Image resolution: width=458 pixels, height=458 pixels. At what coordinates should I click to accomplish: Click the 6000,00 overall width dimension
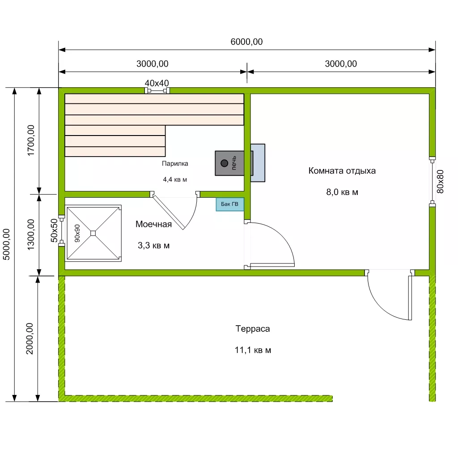click(246, 42)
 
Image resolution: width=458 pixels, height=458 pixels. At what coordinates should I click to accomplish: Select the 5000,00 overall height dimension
click(6, 244)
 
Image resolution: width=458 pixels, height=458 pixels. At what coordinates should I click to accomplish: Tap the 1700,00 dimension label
click(31, 140)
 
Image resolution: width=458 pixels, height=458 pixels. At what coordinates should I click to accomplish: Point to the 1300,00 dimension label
click(31, 234)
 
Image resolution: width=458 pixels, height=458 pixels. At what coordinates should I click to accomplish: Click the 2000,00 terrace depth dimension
click(30, 339)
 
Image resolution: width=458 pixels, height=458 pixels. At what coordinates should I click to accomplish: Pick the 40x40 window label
click(157, 83)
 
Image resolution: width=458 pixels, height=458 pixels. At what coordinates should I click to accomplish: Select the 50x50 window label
click(54, 230)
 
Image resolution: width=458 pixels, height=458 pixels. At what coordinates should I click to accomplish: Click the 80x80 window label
click(440, 182)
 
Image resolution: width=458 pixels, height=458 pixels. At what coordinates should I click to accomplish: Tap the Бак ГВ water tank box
click(230, 204)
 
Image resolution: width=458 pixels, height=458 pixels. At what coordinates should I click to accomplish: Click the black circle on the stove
click(225, 163)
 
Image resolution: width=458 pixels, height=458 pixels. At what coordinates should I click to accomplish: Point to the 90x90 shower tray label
click(77, 233)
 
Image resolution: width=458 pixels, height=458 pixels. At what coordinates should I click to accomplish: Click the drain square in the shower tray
click(93, 233)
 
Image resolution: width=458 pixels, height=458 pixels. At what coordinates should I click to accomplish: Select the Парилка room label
click(175, 164)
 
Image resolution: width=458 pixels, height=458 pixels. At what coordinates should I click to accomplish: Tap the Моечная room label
click(154, 224)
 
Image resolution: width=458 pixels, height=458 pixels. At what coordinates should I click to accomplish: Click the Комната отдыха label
click(342, 170)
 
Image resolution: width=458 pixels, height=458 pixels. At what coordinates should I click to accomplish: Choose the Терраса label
click(253, 329)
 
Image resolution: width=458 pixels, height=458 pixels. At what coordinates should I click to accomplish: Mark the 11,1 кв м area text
click(253, 350)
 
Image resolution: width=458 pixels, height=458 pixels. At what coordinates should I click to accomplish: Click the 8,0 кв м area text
click(342, 192)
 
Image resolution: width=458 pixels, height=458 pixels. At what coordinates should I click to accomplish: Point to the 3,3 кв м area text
click(154, 246)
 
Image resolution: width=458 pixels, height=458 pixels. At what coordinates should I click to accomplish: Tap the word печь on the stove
click(233, 163)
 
